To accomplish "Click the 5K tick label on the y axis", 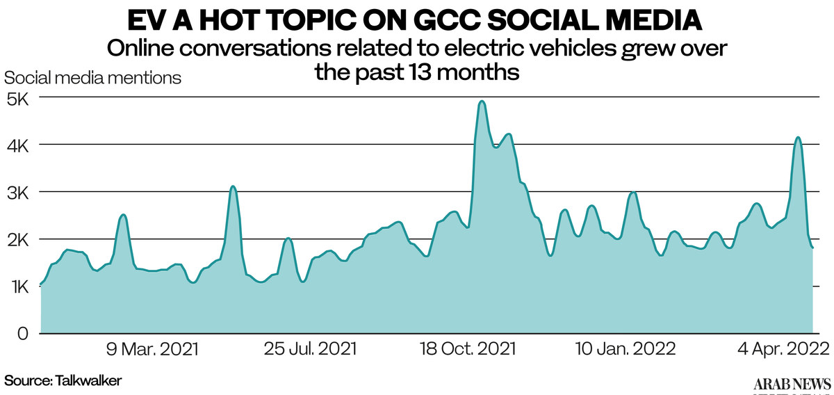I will (17, 99).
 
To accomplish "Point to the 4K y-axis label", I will (17, 146).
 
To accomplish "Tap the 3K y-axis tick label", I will (17, 193).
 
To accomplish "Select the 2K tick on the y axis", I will (17, 240).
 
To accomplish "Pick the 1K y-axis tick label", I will (17, 287).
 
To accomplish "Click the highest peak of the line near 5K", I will (482, 102).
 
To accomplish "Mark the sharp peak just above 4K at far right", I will (798, 138).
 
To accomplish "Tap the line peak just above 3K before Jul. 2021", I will (234, 186).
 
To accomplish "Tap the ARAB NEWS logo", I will (792, 384).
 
